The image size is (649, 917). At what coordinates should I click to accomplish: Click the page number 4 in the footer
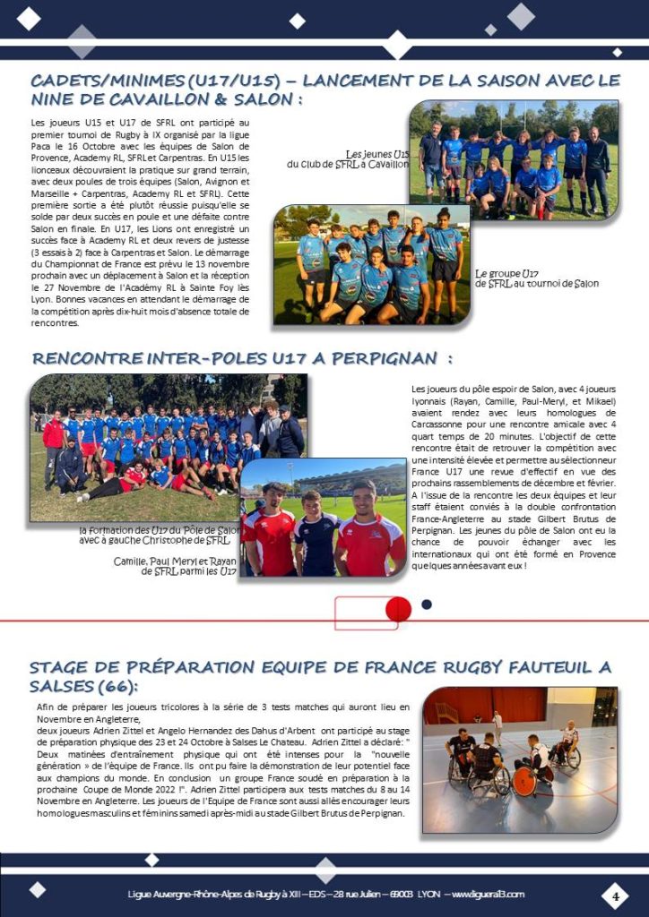tap(616, 896)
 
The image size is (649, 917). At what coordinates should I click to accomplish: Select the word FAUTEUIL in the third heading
tap(529, 667)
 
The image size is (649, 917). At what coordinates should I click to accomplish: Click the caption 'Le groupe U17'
tap(507, 273)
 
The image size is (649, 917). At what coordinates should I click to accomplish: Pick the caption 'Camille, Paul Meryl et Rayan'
tap(176, 561)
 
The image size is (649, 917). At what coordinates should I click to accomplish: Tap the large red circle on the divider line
tap(398, 610)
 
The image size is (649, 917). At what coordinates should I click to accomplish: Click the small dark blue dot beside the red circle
tap(427, 604)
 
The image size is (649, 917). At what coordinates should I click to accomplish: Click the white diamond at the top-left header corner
tap(30, 17)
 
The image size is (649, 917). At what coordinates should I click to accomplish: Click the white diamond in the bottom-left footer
tap(37, 889)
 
